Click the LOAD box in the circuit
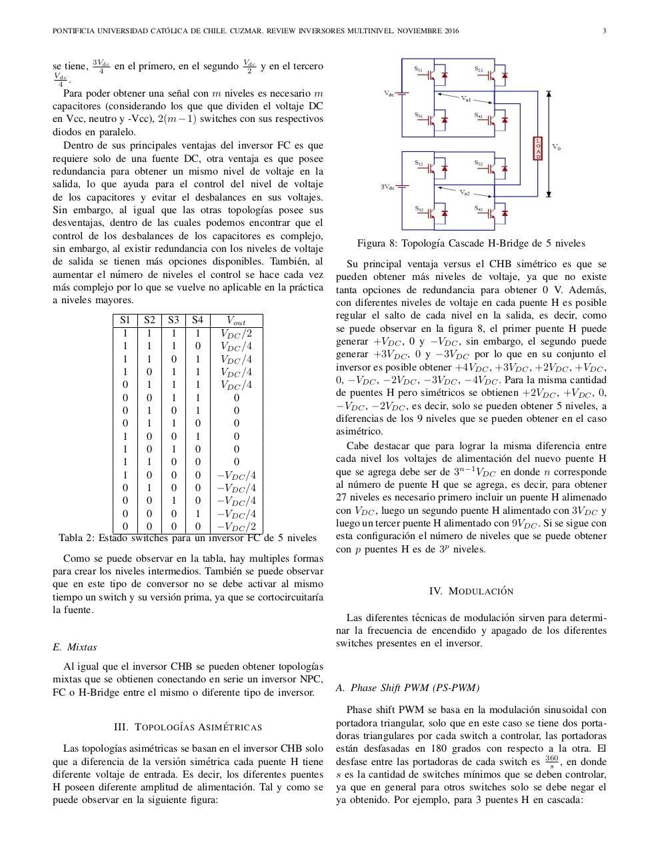538,148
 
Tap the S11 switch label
418,68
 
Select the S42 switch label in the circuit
479,209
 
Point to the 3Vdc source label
388,187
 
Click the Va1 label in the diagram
466,99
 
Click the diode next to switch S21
505,75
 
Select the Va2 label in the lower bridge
465,193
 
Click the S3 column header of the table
173,320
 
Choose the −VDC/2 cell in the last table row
236,526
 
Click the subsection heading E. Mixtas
75,646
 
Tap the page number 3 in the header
604,31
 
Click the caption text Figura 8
377,243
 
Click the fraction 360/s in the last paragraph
551,761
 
